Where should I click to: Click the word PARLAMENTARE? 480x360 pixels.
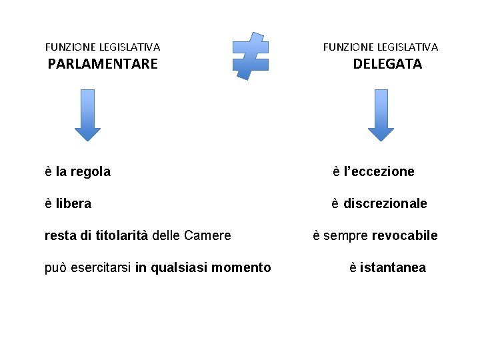tap(103, 64)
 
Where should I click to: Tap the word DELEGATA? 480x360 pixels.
tap(387, 64)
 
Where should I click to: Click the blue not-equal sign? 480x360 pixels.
tap(251, 55)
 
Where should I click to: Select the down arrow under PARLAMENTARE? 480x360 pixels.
tap(87, 115)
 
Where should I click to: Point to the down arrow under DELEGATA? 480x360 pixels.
tap(381, 115)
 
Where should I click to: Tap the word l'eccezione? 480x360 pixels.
tap(379, 172)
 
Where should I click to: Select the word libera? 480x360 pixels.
tap(73, 204)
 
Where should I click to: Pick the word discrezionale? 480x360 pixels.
tap(385, 204)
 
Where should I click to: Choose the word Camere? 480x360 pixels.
tap(207, 236)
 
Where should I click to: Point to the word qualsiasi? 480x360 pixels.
tap(176, 269)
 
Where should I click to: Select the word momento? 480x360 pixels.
tap(241, 268)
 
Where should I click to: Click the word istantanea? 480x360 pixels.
tap(393, 268)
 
